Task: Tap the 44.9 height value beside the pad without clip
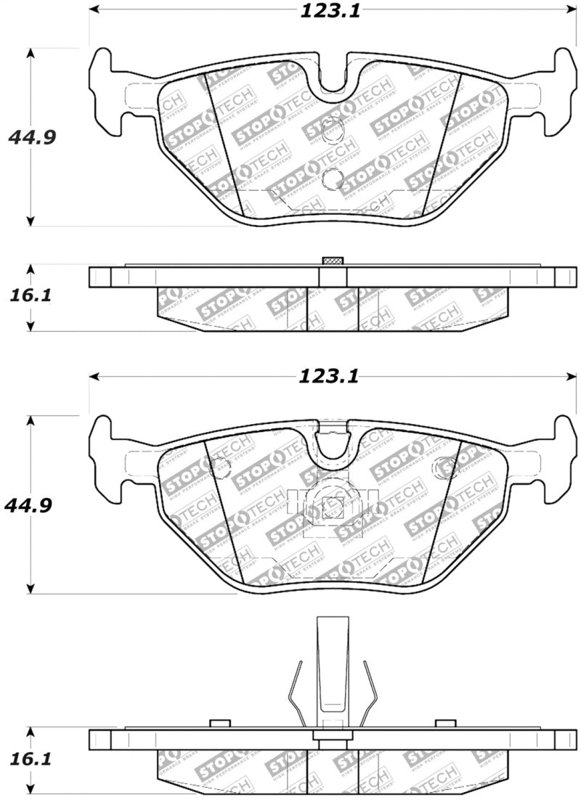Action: pos(30,137)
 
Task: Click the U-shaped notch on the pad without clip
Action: pos(333,75)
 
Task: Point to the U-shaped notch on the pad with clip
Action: pos(333,443)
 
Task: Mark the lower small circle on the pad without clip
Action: pos(333,177)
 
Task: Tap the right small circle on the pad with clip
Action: pos(442,468)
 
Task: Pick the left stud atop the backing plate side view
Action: pos(219,724)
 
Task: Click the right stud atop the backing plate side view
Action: pos(445,724)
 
